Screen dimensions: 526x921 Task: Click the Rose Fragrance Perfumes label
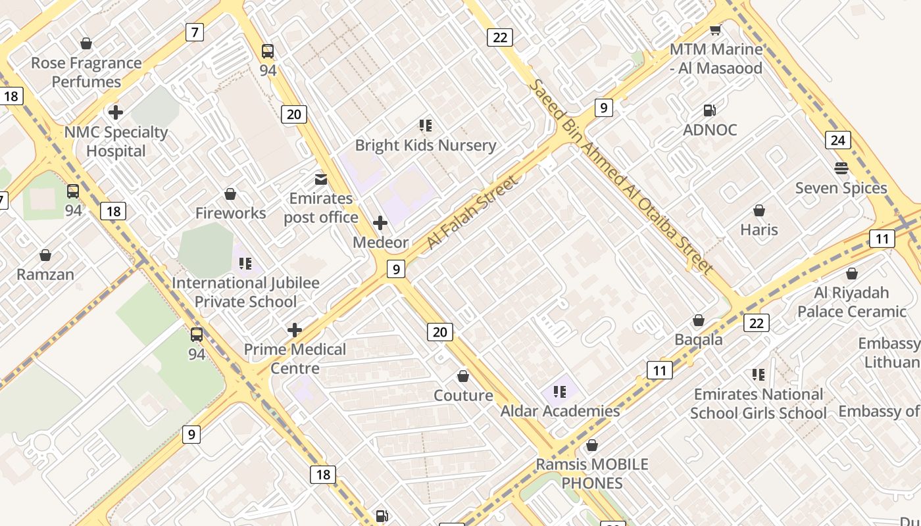point(86,72)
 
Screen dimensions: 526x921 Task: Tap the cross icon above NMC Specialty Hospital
point(116,112)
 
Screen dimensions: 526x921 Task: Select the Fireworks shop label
point(230,213)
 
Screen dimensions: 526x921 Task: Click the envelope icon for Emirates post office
point(321,179)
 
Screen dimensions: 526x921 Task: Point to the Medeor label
point(380,242)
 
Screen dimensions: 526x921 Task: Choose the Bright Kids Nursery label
point(426,145)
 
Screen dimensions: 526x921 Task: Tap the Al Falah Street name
point(472,212)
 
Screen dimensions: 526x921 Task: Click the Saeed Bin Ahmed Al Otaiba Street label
point(621,177)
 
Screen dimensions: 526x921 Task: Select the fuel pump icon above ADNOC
point(710,110)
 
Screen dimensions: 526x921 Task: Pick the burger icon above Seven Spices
point(841,168)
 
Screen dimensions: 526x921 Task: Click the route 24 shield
point(838,140)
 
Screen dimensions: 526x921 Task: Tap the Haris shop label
point(759,230)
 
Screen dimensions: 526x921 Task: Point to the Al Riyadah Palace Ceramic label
point(852,302)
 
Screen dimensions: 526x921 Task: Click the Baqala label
point(699,340)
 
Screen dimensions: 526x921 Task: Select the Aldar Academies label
point(560,411)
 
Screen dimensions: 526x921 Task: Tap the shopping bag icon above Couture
point(463,376)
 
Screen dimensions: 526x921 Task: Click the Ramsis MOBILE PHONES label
point(592,473)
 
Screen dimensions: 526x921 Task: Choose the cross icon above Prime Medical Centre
point(295,329)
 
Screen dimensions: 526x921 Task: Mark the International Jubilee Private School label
point(245,293)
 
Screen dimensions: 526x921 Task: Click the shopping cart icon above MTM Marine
point(715,30)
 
